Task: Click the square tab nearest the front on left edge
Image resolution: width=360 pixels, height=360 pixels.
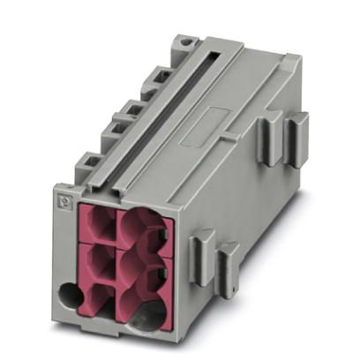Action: coord(87,164)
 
